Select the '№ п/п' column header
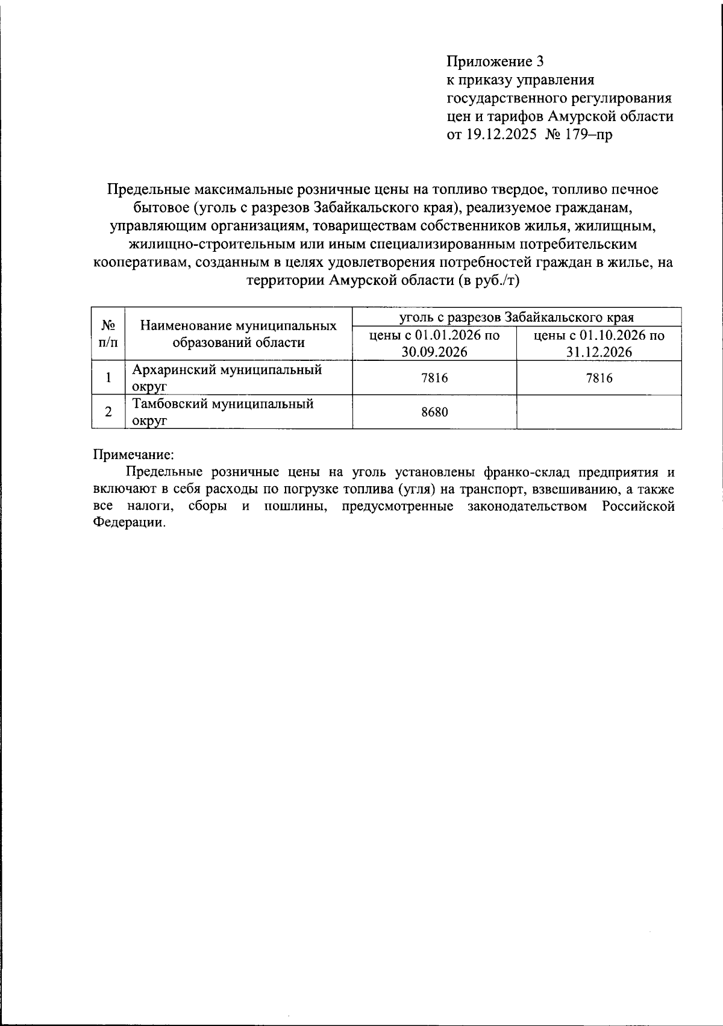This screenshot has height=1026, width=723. [x=108, y=334]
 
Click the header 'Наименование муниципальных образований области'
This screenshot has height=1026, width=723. [x=238, y=334]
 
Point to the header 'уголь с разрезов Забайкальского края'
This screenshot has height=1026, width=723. [x=516, y=317]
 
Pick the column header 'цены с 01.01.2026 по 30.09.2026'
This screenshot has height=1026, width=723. [x=434, y=343]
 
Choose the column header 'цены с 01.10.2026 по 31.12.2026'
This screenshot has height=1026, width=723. [x=599, y=343]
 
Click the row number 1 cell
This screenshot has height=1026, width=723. [x=108, y=378]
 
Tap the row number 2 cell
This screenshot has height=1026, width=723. [x=108, y=412]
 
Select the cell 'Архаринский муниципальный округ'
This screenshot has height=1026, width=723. [x=227, y=378]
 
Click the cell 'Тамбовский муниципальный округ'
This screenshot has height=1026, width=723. [x=223, y=412]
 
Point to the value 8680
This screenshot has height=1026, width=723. [x=434, y=412]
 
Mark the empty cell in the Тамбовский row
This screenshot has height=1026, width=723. [x=599, y=412]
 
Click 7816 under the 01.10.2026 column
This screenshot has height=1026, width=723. [x=599, y=378]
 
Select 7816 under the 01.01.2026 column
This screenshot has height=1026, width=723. [x=434, y=378]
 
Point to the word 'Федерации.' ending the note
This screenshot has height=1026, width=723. [x=128, y=523]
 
